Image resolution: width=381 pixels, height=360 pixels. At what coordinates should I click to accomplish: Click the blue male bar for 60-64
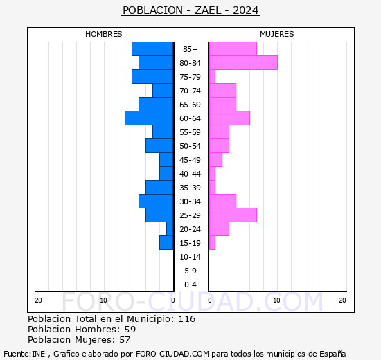[x=149, y=118]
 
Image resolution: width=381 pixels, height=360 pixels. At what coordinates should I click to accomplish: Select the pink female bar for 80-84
[x=243, y=63]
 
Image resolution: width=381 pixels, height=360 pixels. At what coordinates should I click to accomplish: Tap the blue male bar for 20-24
[x=170, y=229]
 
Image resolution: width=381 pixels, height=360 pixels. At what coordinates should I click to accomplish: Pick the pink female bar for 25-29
[x=233, y=215]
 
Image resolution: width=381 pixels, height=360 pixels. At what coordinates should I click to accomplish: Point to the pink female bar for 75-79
[x=212, y=77]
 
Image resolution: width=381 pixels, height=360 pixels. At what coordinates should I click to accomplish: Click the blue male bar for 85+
[x=152, y=49]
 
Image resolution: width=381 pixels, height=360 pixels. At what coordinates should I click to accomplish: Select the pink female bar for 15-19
[x=212, y=243]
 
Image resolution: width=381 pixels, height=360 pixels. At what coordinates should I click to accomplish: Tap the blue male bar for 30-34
[x=156, y=201]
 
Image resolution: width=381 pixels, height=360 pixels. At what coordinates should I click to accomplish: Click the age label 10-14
[x=190, y=257]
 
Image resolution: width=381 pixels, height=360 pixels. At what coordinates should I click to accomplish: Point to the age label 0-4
[x=190, y=285]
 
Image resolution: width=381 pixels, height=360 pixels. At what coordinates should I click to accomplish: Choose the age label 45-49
[x=190, y=160]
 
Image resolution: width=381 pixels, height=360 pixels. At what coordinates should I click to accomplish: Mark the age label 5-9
[x=190, y=271]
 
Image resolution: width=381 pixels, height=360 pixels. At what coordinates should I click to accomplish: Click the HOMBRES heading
[x=103, y=34]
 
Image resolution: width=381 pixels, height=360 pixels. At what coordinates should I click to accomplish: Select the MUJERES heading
[x=277, y=34]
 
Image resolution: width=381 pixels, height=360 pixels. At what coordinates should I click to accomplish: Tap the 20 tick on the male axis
[x=38, y=300]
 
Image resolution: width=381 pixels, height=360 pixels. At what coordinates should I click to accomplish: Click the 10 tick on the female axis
[x=277, y=300]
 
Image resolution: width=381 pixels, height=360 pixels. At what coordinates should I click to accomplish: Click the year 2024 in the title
[x=246, y=10]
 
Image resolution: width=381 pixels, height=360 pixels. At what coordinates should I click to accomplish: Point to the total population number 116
[x=186, y=318]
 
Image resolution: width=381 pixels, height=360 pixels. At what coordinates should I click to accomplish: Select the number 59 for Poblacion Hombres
[x=130, y=329]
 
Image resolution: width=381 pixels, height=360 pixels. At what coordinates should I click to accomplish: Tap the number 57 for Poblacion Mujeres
[x=125, y=340]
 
